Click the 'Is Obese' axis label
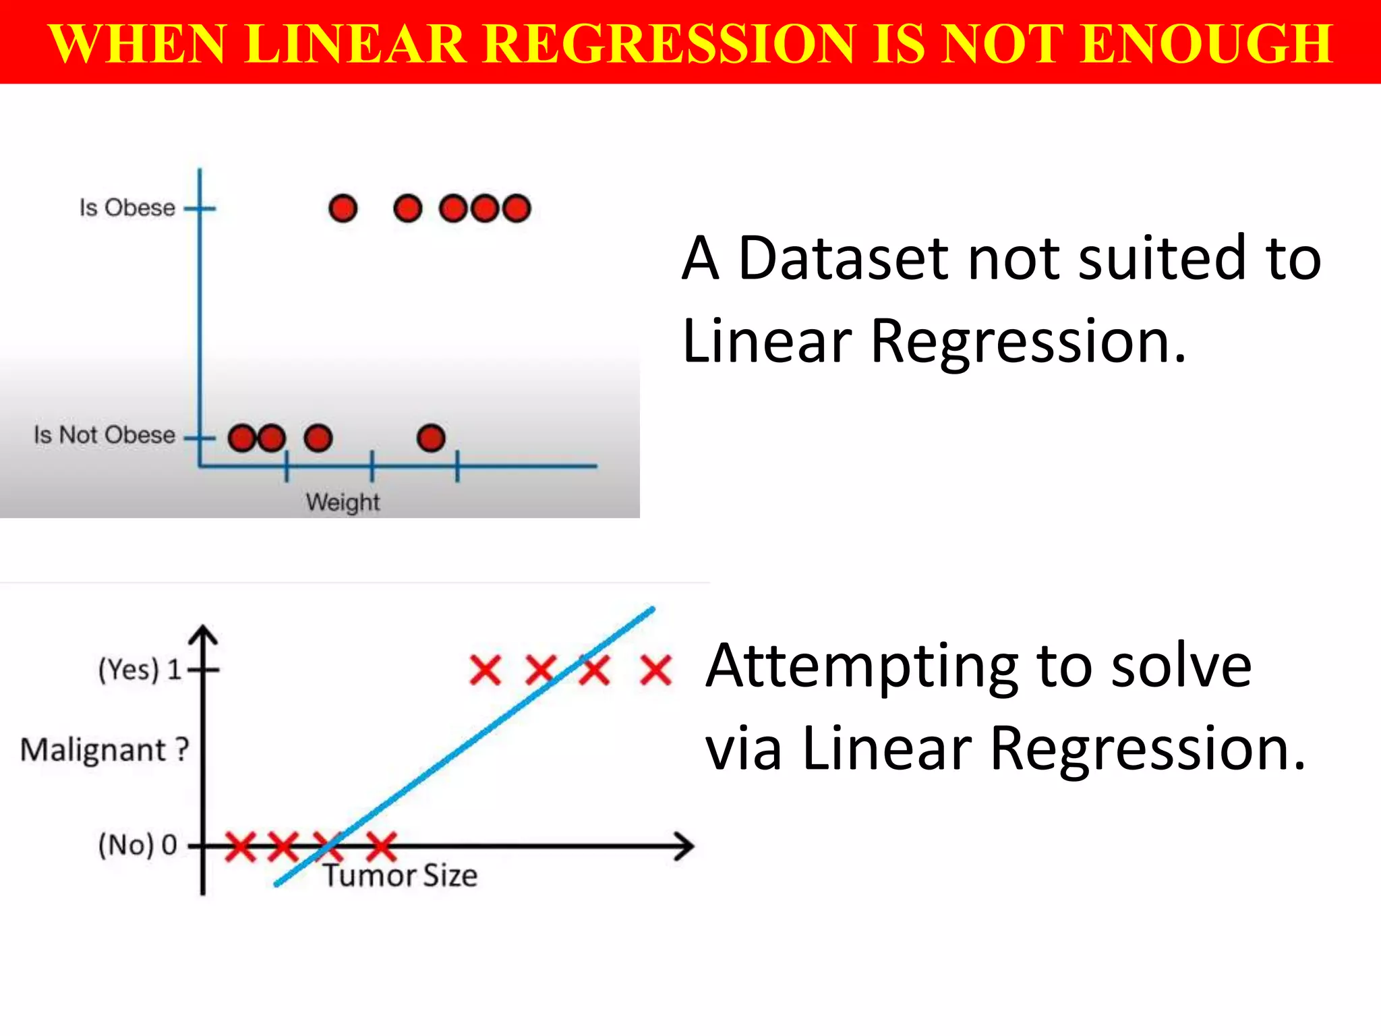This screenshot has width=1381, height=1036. point(127,208)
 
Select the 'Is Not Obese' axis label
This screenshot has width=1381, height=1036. point(105,435)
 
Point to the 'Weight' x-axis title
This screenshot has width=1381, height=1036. point(343,502)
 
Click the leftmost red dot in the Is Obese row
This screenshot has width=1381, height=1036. point(343,208)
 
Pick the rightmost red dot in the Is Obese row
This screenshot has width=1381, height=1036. point(517,208)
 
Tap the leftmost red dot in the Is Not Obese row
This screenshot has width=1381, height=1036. point(241,438)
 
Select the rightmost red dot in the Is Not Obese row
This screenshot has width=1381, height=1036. point(431,438)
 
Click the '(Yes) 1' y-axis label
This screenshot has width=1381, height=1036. point(140,670)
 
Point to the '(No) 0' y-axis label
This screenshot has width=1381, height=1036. point(138,844)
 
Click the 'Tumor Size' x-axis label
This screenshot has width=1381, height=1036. point(401,875)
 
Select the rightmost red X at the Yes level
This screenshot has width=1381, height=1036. point(655,670)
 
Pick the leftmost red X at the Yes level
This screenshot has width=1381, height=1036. point(486,670)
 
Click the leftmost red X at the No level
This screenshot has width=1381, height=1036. point(240,846)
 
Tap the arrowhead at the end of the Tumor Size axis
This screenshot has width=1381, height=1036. point(686,846)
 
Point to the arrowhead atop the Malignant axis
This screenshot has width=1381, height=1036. point(203,634)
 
